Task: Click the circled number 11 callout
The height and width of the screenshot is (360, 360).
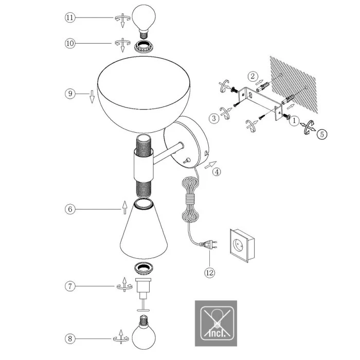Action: tap(70, 17)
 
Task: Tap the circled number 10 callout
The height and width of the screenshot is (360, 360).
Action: tap(70, 43)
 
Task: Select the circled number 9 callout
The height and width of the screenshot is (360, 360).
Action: tap(70, 94)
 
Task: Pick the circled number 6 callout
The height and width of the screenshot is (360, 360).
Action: tap(70, 209)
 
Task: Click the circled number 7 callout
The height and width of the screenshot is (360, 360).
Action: tap(70, 286)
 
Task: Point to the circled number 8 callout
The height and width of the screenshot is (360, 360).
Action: tap(70, 338)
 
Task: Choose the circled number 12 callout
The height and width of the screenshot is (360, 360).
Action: tap(210, 273)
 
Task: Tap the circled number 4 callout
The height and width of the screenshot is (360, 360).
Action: tap(217, 172)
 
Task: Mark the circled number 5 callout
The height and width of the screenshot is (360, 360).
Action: tap(322, 134)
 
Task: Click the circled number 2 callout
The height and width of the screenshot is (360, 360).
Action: tap(253, 76)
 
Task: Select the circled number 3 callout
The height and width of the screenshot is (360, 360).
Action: tap(214, 118)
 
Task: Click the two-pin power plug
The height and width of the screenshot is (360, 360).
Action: tap(208, 244)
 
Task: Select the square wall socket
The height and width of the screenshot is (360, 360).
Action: tap(242, 245)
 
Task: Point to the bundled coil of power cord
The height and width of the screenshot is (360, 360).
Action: tap(190, 200)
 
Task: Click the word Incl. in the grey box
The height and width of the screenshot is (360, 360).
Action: tap(217, 333)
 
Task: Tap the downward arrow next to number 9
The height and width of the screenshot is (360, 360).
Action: tap(92, 97)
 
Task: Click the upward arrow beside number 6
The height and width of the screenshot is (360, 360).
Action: tap(124, 208)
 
